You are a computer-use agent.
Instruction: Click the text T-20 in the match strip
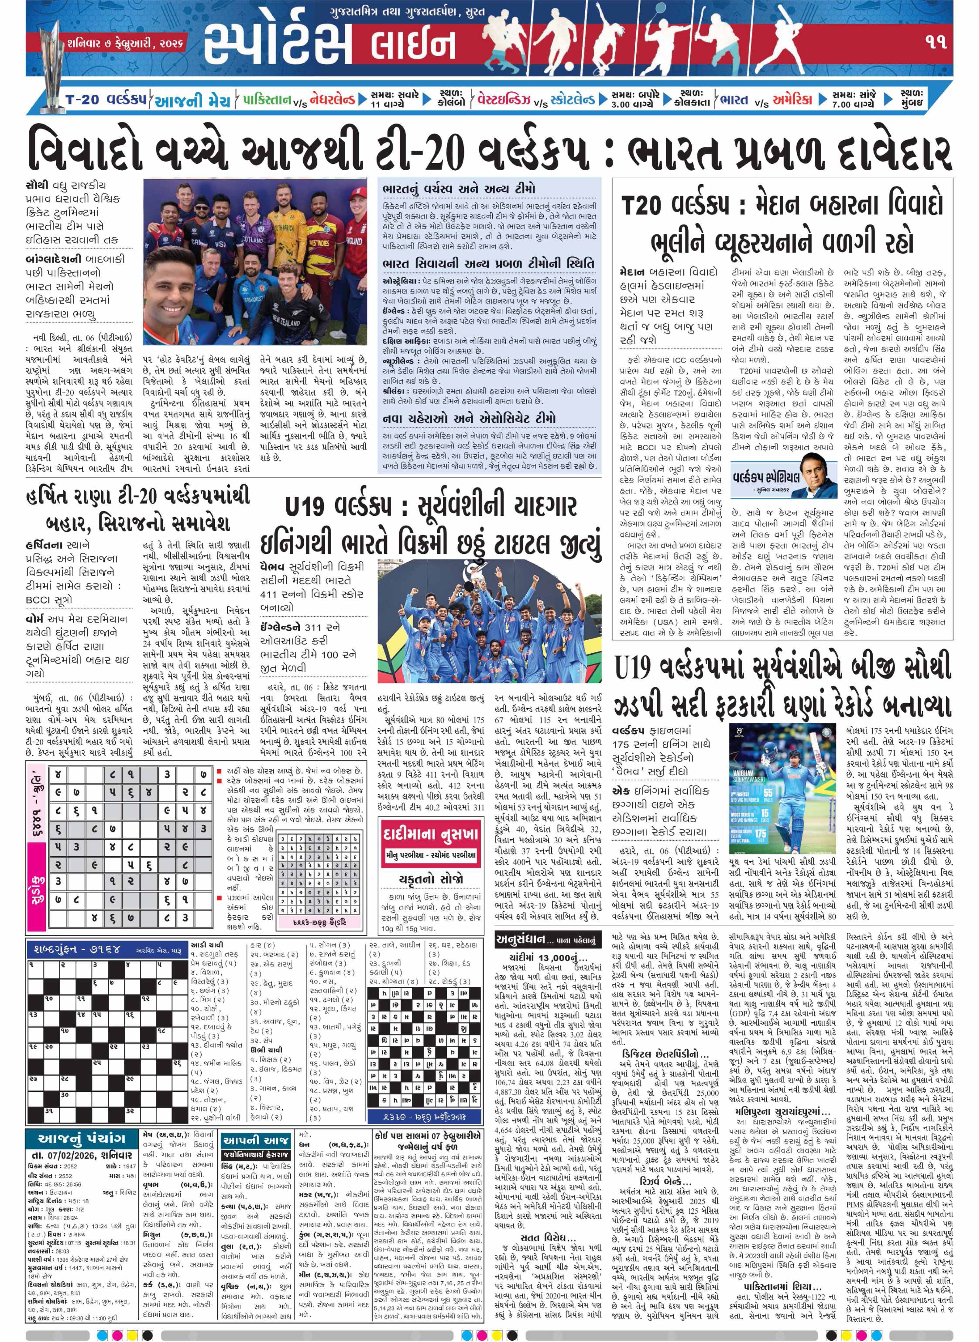[82, 100]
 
